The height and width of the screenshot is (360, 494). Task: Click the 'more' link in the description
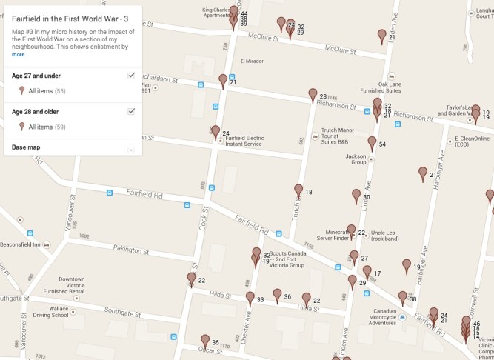18,54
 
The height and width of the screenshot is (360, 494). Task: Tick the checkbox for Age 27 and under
131,76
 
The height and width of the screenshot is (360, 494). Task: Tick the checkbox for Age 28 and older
131,111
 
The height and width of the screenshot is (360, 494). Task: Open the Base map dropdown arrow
131,149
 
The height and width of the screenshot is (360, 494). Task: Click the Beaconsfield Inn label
24,244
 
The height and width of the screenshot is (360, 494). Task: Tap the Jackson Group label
356,159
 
